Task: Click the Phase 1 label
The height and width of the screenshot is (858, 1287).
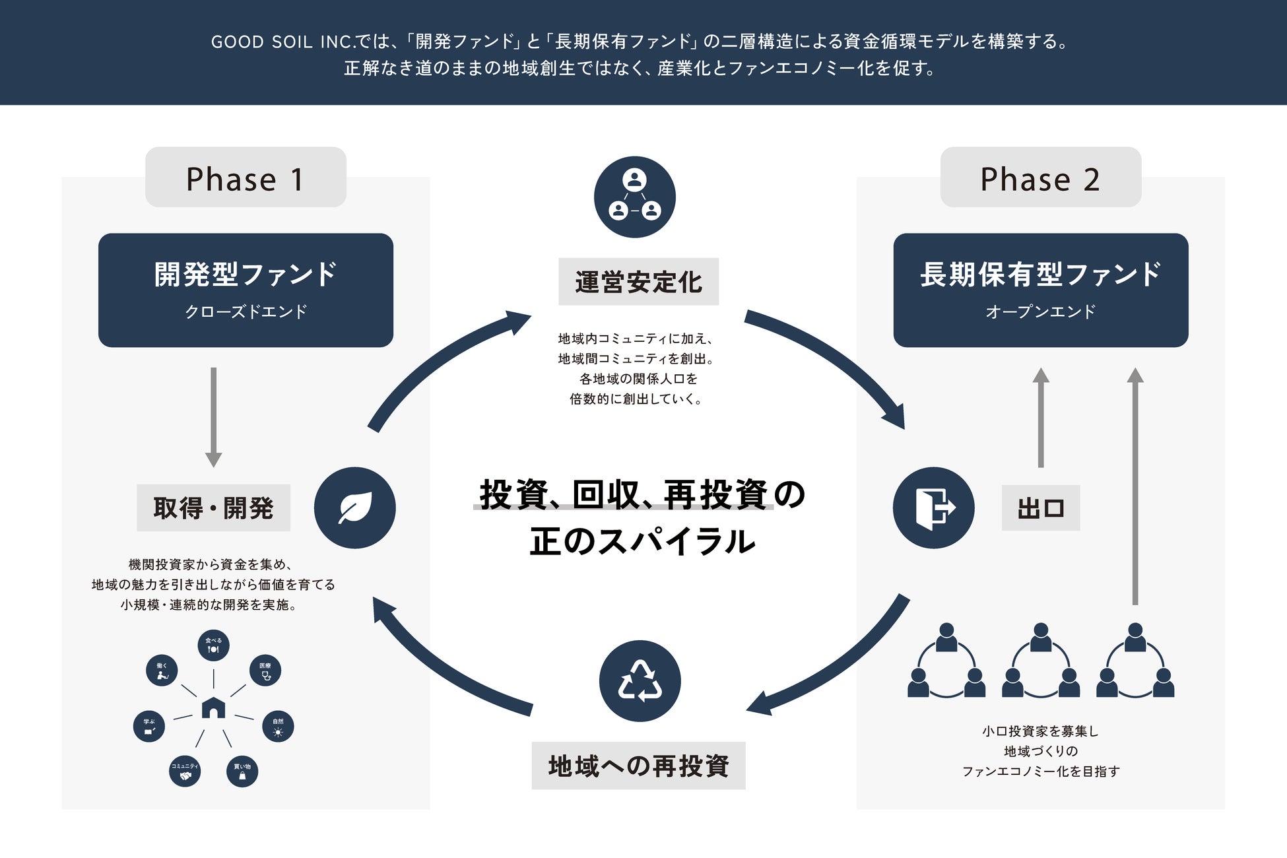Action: tap(246, 178)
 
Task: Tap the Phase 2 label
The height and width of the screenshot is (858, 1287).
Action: tap(1040, 178)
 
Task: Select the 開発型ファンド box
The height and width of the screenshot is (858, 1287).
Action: tap(246, 290)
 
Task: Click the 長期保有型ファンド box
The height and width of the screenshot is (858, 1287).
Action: tap(1040, 290)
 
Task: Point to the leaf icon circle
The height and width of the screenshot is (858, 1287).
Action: tap(354, 508)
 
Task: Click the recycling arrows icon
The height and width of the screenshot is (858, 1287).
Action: tap(640, 680)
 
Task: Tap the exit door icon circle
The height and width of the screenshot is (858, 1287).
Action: tap(933, 508)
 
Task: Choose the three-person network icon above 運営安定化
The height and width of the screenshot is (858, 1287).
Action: tap(634, 197)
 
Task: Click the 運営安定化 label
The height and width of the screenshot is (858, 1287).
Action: tap(638, 282)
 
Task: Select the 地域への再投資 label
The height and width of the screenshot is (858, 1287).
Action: tap(638, 766)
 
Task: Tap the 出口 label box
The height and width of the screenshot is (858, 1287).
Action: tap(1040, 508)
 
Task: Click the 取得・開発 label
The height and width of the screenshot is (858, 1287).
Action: tap(213, 508)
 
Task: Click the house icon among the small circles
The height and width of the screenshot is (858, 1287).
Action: tap(213, 708)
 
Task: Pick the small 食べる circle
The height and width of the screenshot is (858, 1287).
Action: tap(213, 645)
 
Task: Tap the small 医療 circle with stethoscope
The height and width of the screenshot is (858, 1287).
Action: tap(265, 671)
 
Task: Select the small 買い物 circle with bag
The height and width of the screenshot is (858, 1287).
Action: tap(242, 772)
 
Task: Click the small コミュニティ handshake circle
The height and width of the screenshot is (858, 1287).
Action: tap(185, 771)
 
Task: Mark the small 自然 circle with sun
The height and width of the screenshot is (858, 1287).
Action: tap(278, 727)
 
